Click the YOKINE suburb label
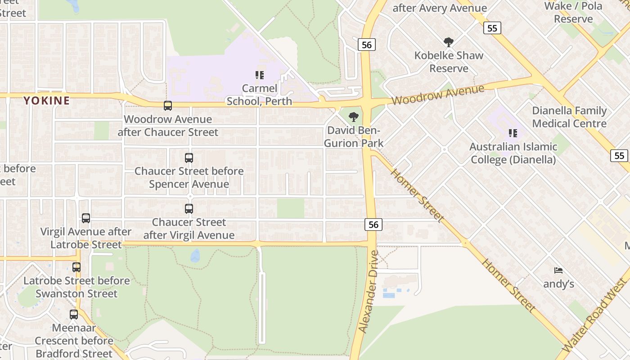coord(47,100)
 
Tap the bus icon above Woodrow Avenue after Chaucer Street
coord(168,106)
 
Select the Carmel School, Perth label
coord(260,94)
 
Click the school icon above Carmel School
coord(260,75)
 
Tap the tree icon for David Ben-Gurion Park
coord(354,117)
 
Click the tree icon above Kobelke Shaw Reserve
coord(448,42)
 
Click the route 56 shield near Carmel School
coord(367,44)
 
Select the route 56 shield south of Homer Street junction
coord(373,224)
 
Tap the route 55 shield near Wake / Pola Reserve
coord(492,28)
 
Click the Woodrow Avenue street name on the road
coord(438,94)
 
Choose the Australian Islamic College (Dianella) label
coord(513,153)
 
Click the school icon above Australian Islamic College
coord(513,133)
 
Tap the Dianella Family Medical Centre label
coord(569,117)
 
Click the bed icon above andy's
coord(558,270)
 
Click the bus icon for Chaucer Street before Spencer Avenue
coord(189,158)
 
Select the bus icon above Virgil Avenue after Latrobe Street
coord(86,218)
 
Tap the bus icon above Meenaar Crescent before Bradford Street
coord(74,314)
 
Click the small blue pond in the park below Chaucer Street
coord(195,256)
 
